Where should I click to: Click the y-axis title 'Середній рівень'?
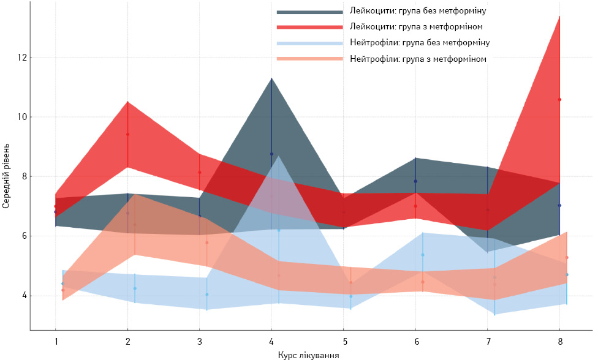tap(6, 176)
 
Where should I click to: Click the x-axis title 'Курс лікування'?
tap(309, 356)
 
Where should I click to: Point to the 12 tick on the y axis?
tap(21, 58)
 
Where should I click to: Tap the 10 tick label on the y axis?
tap(21, 117)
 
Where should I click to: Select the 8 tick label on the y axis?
tap(25, 176)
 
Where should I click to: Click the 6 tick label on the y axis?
tap(25, 236)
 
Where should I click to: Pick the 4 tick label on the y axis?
tap(25, 296)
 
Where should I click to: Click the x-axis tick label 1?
tap(56, 342)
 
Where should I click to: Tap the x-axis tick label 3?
tap(200, 342)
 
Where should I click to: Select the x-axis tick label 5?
tap(345, 342)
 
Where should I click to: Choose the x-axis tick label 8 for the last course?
tap(560, 342)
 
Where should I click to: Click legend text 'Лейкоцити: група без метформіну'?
tap(418, 10)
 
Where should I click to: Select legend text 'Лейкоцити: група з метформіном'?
tap(416, 27)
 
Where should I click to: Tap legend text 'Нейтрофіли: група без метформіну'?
tap(420, 43)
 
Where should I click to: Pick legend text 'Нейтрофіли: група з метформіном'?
tap(418, 59)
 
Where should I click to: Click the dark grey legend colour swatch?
tap(309, 12)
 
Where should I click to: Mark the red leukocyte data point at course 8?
tap(559, 99)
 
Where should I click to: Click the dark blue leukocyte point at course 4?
tap(271, 154)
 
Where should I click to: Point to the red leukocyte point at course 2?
tap(128, 134)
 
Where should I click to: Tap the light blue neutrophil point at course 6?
tap(423, 255)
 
